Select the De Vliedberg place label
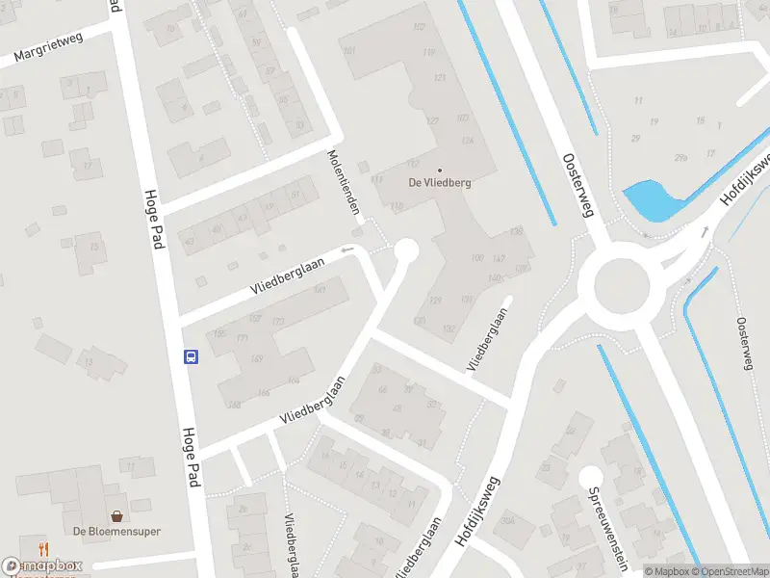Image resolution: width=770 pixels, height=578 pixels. tap(440, 182)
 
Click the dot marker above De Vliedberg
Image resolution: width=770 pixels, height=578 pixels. tap(440, 170)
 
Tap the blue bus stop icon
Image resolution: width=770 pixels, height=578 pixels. tap(191, 357)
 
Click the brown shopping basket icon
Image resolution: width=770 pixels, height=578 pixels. tap(116, 516)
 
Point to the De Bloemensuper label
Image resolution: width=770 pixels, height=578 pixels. tap(116, 532)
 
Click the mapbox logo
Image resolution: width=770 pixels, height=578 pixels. tap(42, 566)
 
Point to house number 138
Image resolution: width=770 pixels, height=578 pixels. tap(517, 232)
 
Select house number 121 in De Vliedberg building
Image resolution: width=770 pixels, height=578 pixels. tap(441, 77)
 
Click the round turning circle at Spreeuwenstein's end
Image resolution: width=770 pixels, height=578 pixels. tap(590, 476)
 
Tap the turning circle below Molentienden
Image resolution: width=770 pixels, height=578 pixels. tap(406, 251)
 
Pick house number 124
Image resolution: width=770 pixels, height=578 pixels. tap(468, 141)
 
